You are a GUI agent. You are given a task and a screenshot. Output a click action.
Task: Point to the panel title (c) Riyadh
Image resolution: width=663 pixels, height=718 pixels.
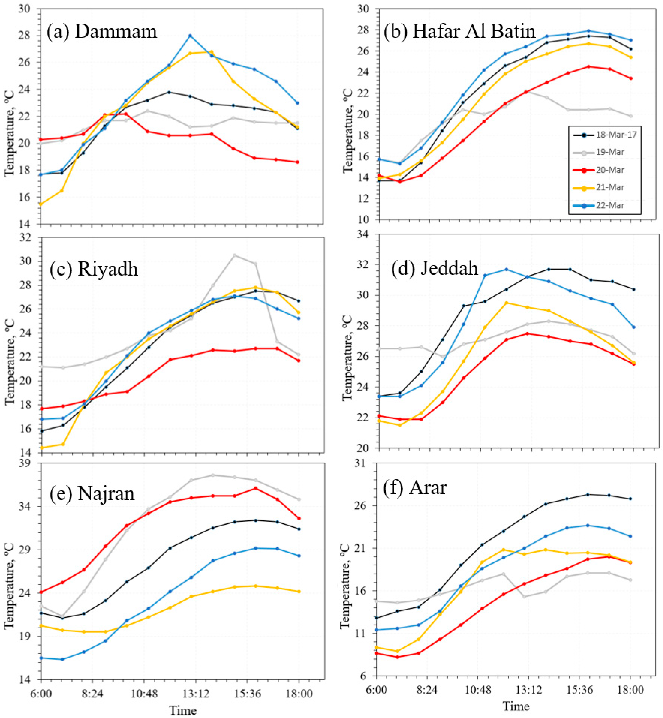94,268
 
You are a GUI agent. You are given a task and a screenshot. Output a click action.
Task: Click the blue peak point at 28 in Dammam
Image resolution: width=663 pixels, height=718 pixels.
190,36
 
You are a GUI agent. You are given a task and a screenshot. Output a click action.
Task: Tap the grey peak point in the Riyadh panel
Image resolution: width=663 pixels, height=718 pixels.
234,255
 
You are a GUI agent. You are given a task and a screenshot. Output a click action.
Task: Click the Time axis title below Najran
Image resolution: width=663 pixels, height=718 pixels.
183,710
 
